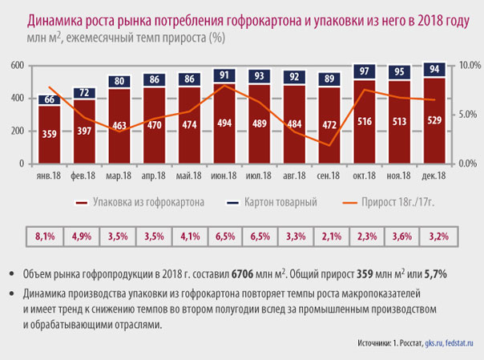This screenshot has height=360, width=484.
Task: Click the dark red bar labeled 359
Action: click(x=50, y=135)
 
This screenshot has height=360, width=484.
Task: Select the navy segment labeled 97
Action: click(x=365, y=71)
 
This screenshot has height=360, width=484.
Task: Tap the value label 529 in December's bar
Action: click(x=434, y=120)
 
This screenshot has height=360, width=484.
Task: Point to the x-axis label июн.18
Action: click(x=224, y=176)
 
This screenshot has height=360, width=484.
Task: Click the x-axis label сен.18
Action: click(x=328, y=176)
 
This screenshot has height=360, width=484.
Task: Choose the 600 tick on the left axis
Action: click(x=18, y=66)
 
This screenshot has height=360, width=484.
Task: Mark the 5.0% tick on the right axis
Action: click(x=468, y=114)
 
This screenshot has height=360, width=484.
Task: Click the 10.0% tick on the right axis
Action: click(x=470, y=65)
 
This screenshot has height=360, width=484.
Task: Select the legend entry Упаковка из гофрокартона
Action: click(x=139, y=202)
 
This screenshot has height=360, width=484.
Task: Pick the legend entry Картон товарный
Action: click(x=272, y=202)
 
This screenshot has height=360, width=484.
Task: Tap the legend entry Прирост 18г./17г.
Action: click(x=389, y=202)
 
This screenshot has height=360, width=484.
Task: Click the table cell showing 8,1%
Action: click(x=45, y=237)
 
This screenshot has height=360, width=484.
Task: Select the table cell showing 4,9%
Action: click(x=82, y=237)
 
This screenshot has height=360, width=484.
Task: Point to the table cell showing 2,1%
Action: click(x=332, y=237)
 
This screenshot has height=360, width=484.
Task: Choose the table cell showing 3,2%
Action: click(x=438, y=237)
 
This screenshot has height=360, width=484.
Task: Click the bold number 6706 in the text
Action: click(x=242, y=274)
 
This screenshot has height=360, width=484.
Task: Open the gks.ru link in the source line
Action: click(x=434, y=343)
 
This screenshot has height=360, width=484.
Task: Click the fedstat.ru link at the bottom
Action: click(x=459, y=342)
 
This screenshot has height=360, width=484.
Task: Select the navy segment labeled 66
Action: click(x=50, y=100)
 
